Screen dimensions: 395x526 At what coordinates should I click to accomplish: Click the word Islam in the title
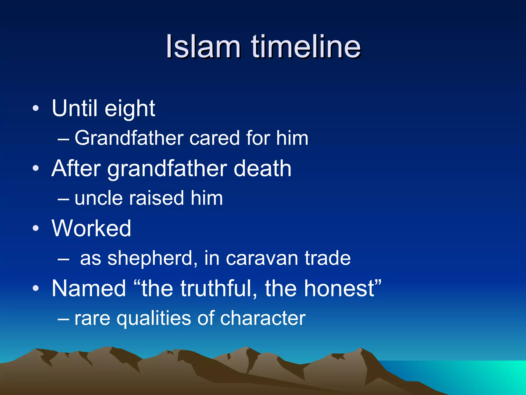coord(203,47)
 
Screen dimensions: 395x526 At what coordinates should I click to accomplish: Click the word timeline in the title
coord(306,47)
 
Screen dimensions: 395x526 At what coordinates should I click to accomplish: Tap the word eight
coord(130,109)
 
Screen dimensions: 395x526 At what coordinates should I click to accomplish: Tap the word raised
coord(156,199)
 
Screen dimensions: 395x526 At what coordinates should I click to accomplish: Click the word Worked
coord(91,228)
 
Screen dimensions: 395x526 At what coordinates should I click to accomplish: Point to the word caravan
coord(262,258)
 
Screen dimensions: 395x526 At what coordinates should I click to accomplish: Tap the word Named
coord(89,289)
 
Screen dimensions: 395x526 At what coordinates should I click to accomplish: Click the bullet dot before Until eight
coord(36,108)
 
